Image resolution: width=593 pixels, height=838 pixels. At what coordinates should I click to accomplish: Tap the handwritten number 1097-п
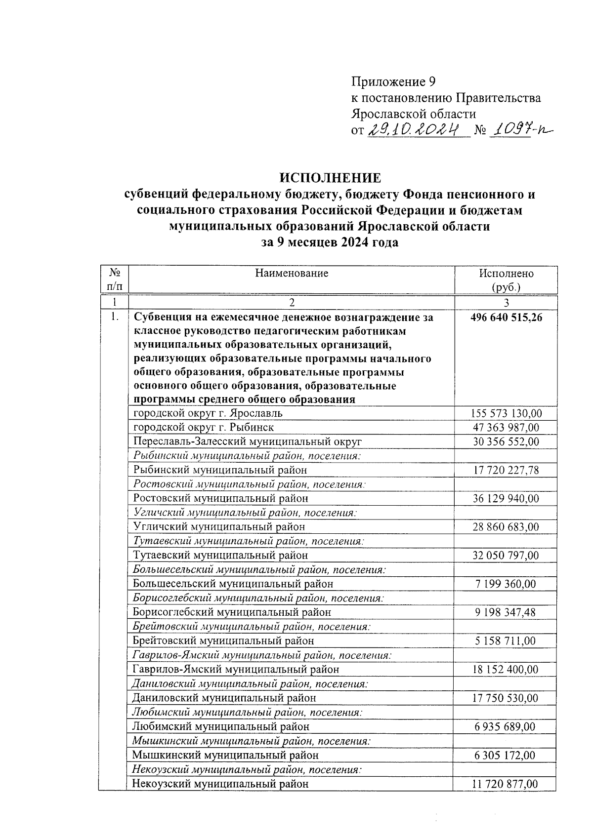pyautogui.click(x=520, y=130)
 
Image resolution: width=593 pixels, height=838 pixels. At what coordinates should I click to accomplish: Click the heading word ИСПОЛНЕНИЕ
pyautogui.click(x=330, y=177)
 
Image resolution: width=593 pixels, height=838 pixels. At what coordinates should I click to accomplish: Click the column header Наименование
pyautogui.click(x=292, y=273)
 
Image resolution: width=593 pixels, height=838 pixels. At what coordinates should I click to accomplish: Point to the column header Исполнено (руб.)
pyautogui.click(x=506, y=280)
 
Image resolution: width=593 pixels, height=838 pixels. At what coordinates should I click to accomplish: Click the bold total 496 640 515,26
pyautogui.click(x=506, y=318)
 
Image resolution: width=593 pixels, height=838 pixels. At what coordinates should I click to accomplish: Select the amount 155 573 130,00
pyautogui.click(x=506, y=413)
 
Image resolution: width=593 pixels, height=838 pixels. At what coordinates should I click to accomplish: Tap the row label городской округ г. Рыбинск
pyautogui.click(x=204, y=427)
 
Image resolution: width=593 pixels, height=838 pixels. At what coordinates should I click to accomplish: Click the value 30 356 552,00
pyautogui.click(x=506, y=441)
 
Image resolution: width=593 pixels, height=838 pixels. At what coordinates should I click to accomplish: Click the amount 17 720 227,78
pyautogui.click(x=506, y=470)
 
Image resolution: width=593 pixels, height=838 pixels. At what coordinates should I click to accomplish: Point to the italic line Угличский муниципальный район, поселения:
pyautogui.click(x=245, y=513)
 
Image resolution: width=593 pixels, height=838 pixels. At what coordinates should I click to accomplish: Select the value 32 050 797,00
pyautogui.click(x=506, y=556)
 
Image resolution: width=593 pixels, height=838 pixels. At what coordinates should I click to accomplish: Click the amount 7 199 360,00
pyautogui.click(x=506, y=584)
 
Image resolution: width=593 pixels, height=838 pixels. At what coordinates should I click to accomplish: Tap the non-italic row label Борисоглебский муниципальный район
pyautogui.click(x=232, y=612)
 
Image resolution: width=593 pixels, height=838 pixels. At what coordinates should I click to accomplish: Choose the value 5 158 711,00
pyautogui.click(x=506, y=641)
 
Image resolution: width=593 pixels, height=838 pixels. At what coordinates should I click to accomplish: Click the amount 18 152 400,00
pyautogui.click(x=506, y=670)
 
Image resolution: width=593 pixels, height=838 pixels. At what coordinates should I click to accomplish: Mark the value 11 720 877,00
pyautogui.click(x=506, y=784)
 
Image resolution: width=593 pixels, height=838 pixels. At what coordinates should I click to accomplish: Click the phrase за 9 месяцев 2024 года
pyautogui.click(x=330, y=243)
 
